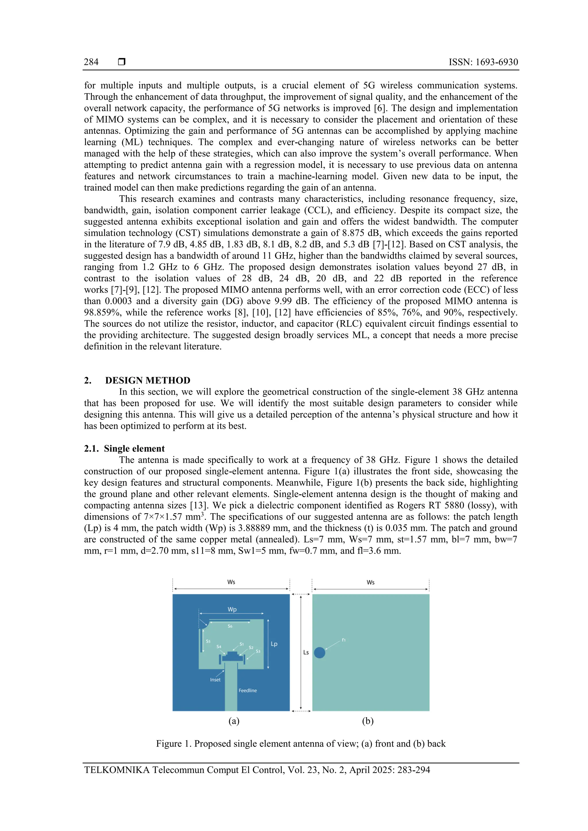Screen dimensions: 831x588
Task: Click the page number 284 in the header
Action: [x=91, y=62]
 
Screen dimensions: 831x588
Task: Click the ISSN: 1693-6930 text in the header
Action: [x=483, y=62]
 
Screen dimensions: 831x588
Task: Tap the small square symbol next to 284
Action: [x=122, y=62]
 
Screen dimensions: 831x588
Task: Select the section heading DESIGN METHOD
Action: [x=148, y=380]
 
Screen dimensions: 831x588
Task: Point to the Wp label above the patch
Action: [x=232, y=609]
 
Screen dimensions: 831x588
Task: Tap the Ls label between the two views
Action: [x=306, y=652]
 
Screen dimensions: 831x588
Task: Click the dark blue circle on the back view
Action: [x=319, y=653]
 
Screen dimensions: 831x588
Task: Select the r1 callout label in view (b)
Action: [x=343, y=640]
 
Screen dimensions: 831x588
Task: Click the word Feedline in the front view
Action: [x=247, y=690]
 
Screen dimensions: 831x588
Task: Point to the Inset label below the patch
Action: [x=215, y=680]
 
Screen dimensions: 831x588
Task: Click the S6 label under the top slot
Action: [x=230, y=626]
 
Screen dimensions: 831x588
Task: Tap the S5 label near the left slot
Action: [x=208, y=641]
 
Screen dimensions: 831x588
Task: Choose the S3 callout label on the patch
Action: [x=258, y=651]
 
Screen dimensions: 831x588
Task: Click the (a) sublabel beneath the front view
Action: [x=234, y=721]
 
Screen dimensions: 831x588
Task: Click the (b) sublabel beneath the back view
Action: [x=367, y=721]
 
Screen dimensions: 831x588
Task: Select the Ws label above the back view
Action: [x=370, y=582]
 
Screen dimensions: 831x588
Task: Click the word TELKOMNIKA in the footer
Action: [x=117, y=770]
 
